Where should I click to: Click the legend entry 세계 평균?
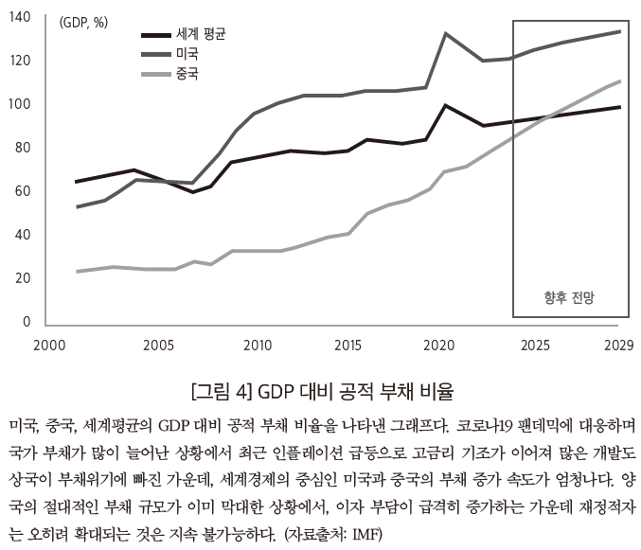(x=201, y=33)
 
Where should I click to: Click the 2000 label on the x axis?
(x=46, y=345)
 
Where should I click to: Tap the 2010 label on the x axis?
(x=257, y=345)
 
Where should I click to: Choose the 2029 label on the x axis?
(x=618, y=345)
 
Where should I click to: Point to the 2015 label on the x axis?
(x=348, y=345)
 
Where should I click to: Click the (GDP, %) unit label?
(x=83, y=23)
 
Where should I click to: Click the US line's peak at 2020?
(x=446, y=33)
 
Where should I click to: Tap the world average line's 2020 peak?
(x=446, y=105)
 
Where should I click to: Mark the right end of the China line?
(x=620, y=80)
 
